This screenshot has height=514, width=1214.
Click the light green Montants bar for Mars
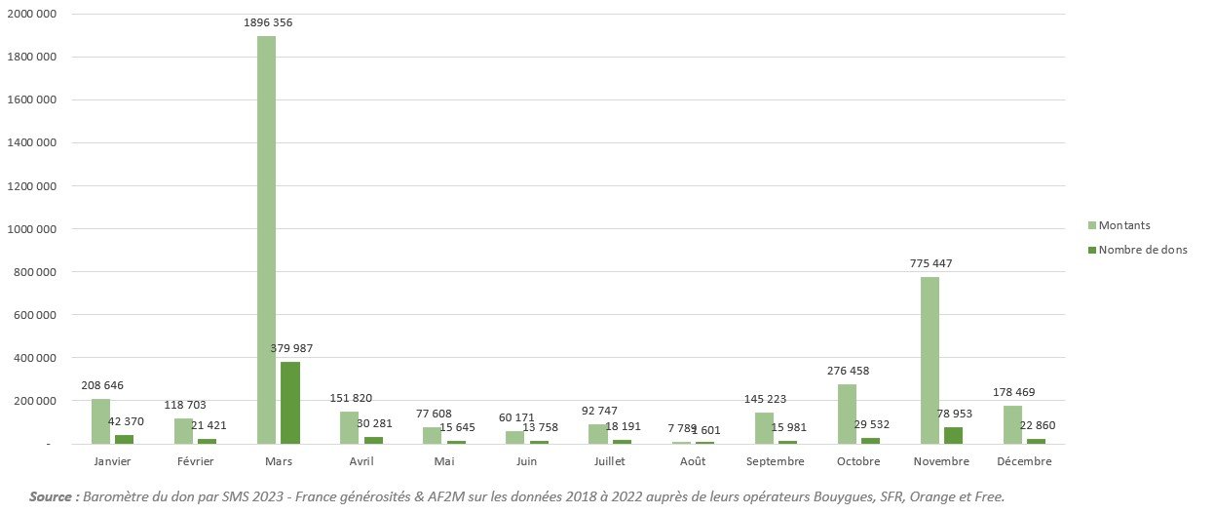coord(266,240)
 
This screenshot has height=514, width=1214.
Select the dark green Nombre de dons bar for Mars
coord(290,403)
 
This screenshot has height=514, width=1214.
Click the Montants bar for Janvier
coord(100,421)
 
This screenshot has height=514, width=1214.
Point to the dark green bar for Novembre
coord(953,435)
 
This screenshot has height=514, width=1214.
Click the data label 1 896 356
coord(266,22)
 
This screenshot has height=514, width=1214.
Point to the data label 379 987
coord(290,348)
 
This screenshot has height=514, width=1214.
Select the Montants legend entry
coord(1123,225)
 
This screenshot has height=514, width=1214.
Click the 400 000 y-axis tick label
coord(33,358)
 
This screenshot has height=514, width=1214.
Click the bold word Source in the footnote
coord(54,497)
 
